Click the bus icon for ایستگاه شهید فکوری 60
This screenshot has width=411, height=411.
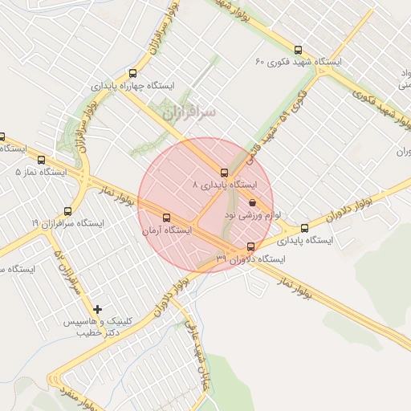(299, 50)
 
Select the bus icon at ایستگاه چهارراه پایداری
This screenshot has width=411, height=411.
(132, 73)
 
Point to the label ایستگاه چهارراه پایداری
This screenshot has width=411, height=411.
(132, 84)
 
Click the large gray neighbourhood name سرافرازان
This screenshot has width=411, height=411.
(189, 113)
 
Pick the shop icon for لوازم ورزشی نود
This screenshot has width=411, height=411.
(253, 204)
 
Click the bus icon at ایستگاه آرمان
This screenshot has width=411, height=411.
(167, 218)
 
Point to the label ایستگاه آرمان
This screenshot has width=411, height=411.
(167, 230)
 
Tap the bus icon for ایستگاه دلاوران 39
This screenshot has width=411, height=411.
(251, 246)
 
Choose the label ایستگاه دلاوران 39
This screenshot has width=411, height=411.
(251, 258)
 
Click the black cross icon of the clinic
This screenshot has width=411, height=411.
(98, 309)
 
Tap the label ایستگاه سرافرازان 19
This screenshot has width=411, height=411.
(67, 223)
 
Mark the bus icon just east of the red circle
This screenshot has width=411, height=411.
(303, 228)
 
